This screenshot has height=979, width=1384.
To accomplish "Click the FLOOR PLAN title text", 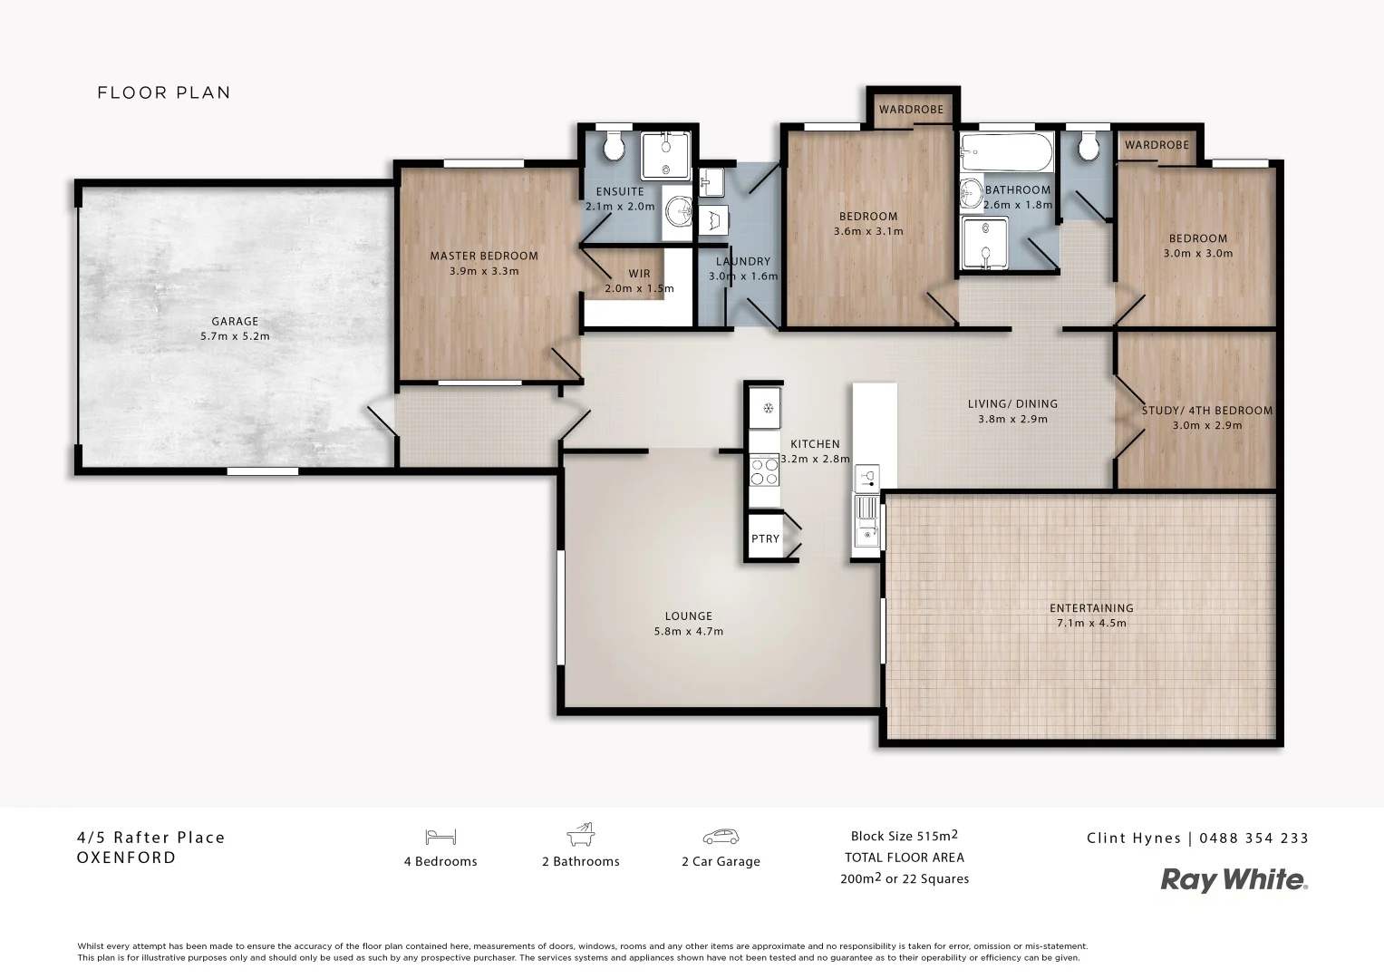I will [x=164, y=92].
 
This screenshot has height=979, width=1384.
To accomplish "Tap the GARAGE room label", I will [x=235, y=321].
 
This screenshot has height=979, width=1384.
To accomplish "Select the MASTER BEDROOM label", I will [x=484, y=256].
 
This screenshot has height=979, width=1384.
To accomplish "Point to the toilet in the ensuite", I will [x=613, y=145].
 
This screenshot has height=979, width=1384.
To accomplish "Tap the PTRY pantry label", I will [x=765, y=538].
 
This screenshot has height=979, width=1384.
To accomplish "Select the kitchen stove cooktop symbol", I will [x=764, y=471].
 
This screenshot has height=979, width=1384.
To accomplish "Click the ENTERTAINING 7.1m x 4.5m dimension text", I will [x=1091, y=623].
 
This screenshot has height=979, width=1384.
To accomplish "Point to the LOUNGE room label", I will [x=688, y=616].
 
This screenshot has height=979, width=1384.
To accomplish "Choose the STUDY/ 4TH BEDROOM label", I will [x=1206, y=411].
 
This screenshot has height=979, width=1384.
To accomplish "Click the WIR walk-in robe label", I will [x=639, y=274].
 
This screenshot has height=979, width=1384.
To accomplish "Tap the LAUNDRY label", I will [x=742, y=262].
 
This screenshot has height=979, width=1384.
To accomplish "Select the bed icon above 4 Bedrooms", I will [x=440, y=837].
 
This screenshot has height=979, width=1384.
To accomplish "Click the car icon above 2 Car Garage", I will [x=721, y=837].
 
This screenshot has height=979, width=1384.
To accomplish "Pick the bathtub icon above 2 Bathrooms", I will [x=580, y=835].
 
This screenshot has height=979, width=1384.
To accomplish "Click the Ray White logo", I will [x=1234, y=879].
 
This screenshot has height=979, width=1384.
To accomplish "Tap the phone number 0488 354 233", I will [x=1253, y=838].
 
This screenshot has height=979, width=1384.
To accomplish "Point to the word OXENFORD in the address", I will [x=127, y=858].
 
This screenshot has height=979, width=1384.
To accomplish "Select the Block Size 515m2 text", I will [x=904, y=836].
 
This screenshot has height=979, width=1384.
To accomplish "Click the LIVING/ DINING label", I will [x=1012, y=404].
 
